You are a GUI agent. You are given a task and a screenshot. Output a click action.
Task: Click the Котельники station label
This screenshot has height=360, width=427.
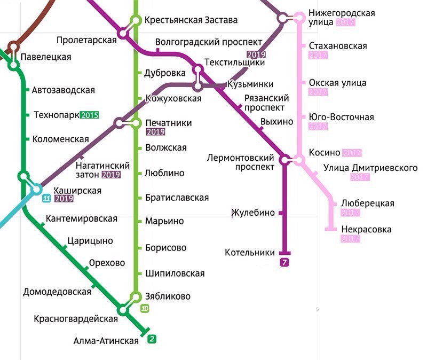click(250, 253)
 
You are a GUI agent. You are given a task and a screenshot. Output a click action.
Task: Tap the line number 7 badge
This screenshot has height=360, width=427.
click(284, 262)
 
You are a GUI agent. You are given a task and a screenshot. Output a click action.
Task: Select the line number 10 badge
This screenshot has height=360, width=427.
click(145, 308)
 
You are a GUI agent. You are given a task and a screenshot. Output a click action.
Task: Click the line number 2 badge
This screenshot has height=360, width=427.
click(152, 339)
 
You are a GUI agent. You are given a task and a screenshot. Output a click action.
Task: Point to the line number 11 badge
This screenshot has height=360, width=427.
click(46, 199)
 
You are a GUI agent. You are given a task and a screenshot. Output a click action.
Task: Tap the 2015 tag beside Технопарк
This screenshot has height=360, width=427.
click(90, 115)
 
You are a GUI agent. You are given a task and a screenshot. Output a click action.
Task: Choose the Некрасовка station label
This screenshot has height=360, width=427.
click(366, 230)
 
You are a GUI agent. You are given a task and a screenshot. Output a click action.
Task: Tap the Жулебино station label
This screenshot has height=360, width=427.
click(253, 213)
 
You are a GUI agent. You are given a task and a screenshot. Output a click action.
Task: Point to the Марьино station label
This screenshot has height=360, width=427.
click(164, 221)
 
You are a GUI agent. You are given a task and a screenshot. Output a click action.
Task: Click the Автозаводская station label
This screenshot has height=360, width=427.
click(63, 90)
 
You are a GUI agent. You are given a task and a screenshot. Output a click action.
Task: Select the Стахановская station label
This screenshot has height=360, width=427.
click(337, 46)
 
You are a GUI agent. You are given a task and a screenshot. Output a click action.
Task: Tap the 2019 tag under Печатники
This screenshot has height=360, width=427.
click(155, 132)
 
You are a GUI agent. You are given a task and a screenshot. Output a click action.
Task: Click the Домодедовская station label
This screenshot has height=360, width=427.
click(57, 292)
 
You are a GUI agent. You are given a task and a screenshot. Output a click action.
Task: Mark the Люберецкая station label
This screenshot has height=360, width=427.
click(368, 204)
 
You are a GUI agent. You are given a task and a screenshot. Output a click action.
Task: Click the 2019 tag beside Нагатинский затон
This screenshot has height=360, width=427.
click(110, 175)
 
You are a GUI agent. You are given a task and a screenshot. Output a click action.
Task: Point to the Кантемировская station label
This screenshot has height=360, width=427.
click(82, 218)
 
